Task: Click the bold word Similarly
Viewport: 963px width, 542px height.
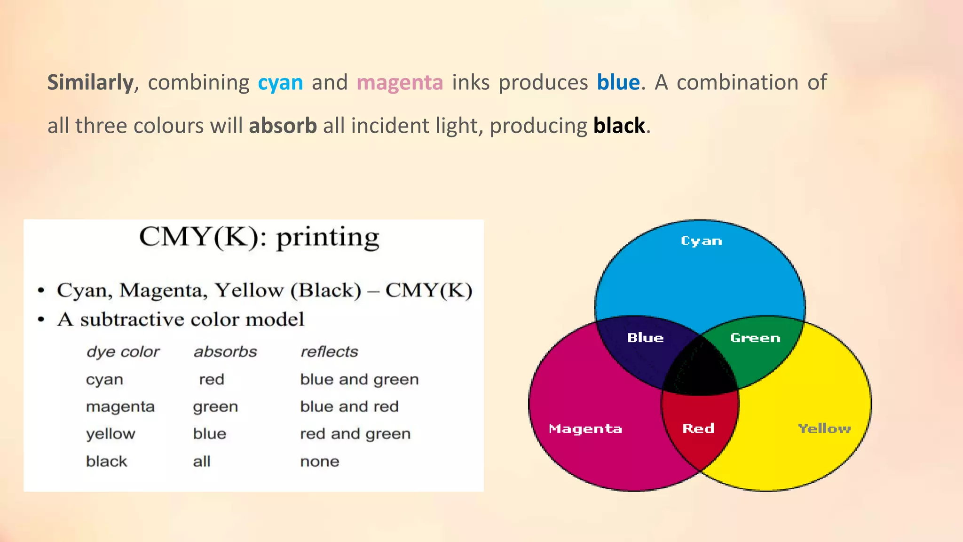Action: point(90,83)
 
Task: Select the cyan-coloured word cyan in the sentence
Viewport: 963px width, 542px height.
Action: point(280,83)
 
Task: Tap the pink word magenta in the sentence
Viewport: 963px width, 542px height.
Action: point(400,83)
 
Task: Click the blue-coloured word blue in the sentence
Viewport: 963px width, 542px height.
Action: point(618,83)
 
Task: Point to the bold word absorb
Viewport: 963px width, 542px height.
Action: point(283,126)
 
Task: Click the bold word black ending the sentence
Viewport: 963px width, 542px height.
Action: point(619,126)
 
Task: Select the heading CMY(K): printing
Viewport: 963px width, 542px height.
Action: point(259,237)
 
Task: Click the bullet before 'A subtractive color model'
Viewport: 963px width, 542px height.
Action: point(41,320)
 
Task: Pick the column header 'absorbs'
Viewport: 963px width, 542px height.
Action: point(225,351)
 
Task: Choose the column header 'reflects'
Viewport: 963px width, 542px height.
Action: point(329,351)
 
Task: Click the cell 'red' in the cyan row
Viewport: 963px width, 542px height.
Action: point(212,379)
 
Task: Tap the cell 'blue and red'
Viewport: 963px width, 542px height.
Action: point(349,406)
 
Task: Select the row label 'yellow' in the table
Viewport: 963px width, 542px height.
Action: point(111,434)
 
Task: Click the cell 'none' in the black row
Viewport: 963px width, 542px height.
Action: point(320,462)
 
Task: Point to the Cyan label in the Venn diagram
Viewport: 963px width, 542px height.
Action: point(701,241)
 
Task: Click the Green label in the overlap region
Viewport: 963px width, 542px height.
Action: point(755,338)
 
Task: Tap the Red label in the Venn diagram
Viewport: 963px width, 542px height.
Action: point(698,428)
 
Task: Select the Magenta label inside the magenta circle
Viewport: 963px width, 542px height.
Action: point(585,429)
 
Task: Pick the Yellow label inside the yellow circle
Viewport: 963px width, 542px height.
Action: point(824,428)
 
